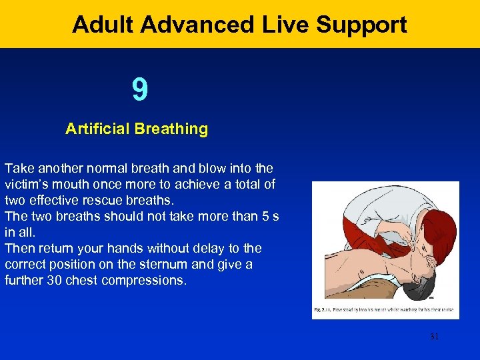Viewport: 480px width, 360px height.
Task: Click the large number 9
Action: click(139, 91)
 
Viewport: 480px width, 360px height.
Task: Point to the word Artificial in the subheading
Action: click(97, 129)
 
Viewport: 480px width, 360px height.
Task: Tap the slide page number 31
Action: click(434, 337)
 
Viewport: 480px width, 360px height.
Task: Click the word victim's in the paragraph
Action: click(31, 184)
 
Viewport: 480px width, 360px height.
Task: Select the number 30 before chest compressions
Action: click(54, 280)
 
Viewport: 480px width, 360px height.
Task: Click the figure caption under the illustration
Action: click(385, 310)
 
